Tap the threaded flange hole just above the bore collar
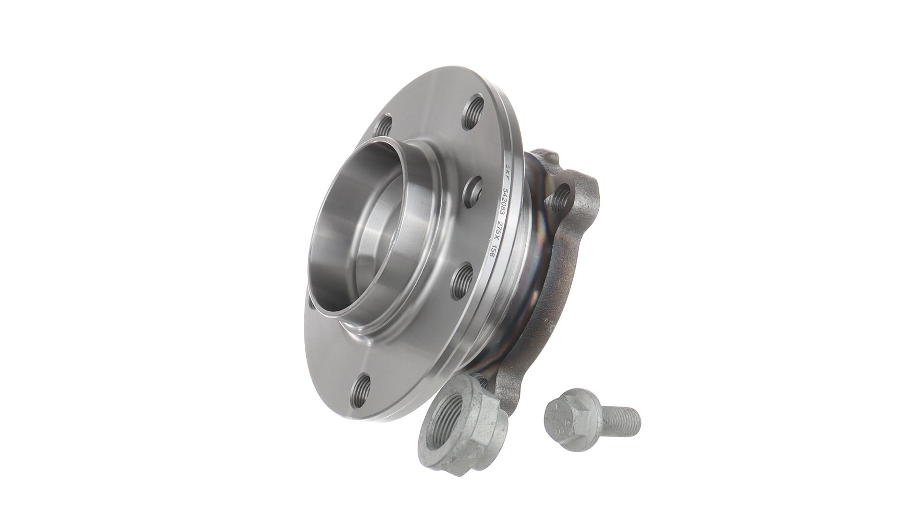click(x=383, y=127)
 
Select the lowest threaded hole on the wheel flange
click(x=362, y=387)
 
